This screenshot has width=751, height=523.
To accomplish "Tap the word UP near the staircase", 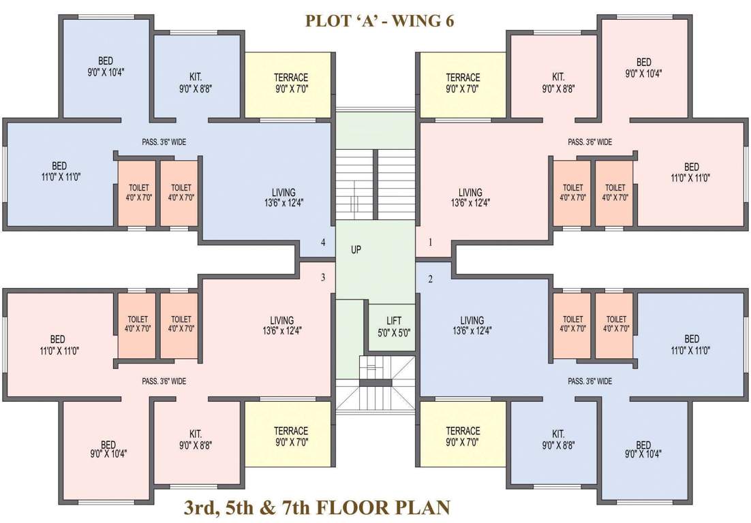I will point(356,249).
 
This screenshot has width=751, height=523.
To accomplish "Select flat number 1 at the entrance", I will point(430,242).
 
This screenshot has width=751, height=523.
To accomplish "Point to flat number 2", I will point(430,279).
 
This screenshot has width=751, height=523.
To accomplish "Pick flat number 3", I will point(323,277).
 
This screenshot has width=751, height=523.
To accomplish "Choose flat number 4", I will point(323,242).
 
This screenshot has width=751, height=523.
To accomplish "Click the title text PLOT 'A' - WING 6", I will point(380,20).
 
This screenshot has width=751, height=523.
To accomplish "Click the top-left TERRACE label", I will point(291,77).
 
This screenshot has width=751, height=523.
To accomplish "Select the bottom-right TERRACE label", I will point(463,430).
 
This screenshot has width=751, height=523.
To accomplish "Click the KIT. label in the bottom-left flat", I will point(196,434).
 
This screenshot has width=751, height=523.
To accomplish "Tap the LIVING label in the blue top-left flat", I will point(283,192).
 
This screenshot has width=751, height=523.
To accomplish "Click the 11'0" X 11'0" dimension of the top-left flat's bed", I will point(59,177).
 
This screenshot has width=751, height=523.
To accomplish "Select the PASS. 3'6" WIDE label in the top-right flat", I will point(589,142).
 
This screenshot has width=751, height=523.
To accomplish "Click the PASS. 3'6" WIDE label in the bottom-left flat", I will point(164,381).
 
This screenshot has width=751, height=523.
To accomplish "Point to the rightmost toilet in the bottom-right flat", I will point(616,323).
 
